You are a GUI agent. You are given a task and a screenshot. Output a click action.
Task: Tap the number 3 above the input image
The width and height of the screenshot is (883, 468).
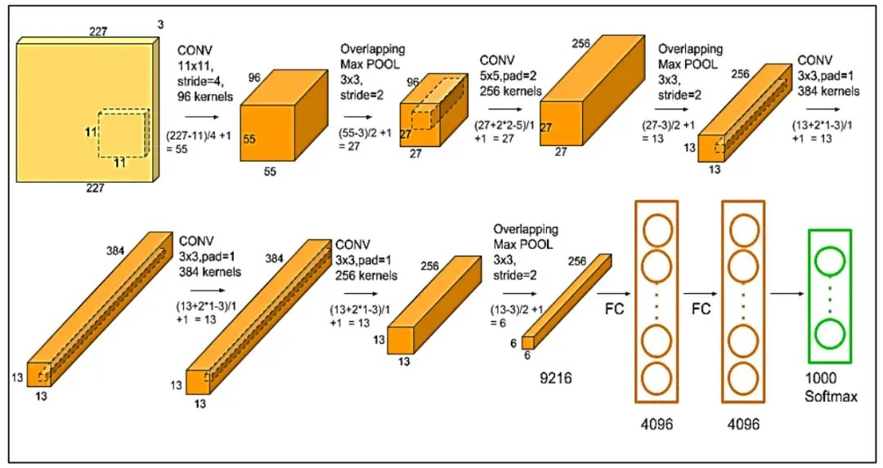pos(160,25)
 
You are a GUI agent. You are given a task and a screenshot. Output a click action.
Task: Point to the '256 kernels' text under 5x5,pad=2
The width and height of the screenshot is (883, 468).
pos(510,91)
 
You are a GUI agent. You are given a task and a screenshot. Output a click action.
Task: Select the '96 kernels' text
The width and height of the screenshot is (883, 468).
pos(204,96)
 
